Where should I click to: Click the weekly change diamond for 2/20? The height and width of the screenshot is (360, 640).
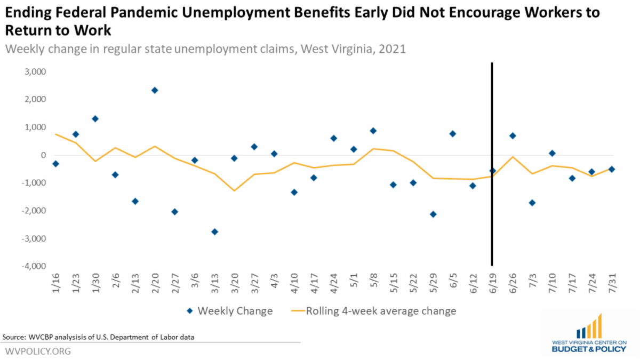pyautogui.click(x=155, y=90)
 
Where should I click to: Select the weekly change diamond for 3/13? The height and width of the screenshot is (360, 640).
pyautogui.click(x=214, y=231)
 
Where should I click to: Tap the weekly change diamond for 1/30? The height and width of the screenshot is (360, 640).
pyautogui.click(x=95, y=118)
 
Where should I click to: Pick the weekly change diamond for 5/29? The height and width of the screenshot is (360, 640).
pyautogui.click(x=433, y=214)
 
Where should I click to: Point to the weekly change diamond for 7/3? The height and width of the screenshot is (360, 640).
pyautogui.click(x=532, y=203)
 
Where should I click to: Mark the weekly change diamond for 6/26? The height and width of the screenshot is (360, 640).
pyautogui.click(x=513, y=135)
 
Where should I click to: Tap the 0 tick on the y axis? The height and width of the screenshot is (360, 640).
pyautogui.click(x=43, y=155)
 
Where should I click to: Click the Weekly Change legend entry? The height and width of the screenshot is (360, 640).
pyautogui.click(x=229, y=311)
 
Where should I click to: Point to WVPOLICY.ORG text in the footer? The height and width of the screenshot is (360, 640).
pyautogui.click(x=38, y=352)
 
